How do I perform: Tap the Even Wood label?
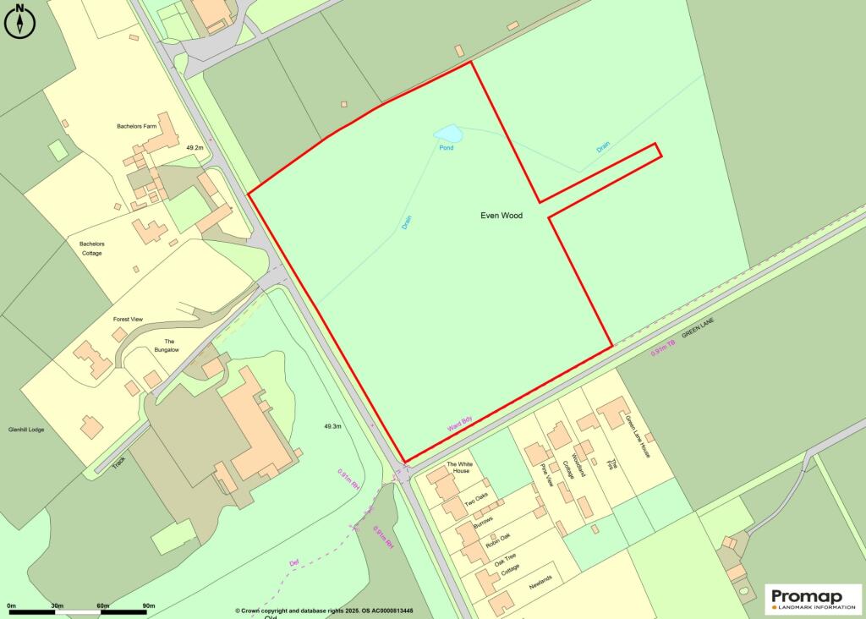pyautogui.click(x=502, y=216)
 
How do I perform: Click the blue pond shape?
pyautogui.click(x=447, y=134)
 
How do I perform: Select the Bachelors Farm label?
pyautogui.click(x=137, y=126)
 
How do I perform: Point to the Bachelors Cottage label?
pyautogui.click(x=91, y=249)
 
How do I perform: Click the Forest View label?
pyautogui.click(x=129, y=320)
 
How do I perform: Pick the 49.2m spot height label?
pyautogui.click(x=194, y=147)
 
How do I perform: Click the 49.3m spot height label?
pyautogui.click(x=332, y=427)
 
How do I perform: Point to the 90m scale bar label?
pyautogui.click(x=148, y=606)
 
